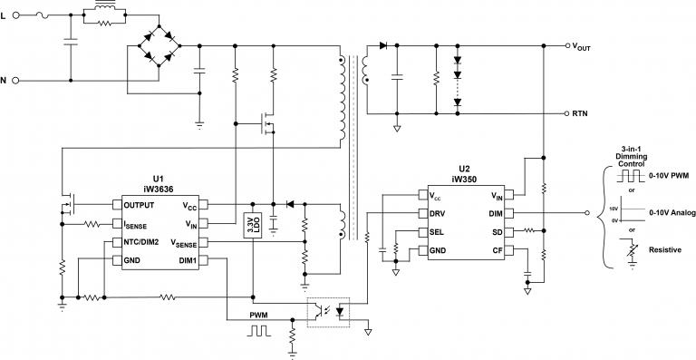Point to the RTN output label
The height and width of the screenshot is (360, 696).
581,113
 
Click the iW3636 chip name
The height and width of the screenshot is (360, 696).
159,190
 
